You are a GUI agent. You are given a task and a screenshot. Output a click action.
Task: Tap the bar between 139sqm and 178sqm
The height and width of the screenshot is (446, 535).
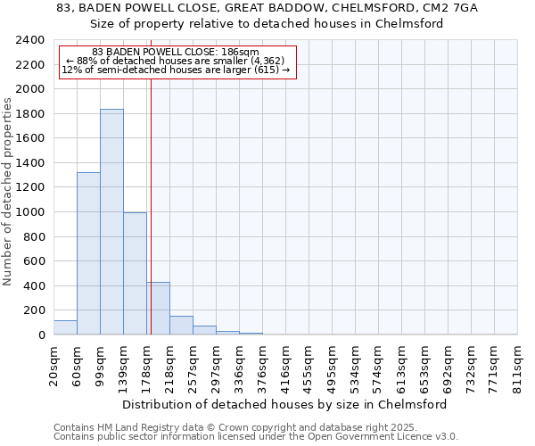[x=135, y=273]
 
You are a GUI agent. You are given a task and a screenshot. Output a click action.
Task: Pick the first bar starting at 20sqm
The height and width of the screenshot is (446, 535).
[x=65, y=327]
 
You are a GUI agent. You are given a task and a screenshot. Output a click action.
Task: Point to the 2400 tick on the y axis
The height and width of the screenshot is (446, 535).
[x=32, y=40]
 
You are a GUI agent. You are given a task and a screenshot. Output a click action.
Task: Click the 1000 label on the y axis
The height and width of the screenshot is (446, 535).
[x=32, y=212]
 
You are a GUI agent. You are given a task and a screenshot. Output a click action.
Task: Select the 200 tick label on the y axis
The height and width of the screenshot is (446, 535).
[x=35, y=310]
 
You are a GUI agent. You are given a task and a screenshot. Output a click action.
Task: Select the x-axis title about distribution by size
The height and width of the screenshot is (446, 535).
[x=284, y=404]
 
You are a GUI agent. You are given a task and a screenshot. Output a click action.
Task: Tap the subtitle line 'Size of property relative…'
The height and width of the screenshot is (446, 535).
[x=267, y=24]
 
